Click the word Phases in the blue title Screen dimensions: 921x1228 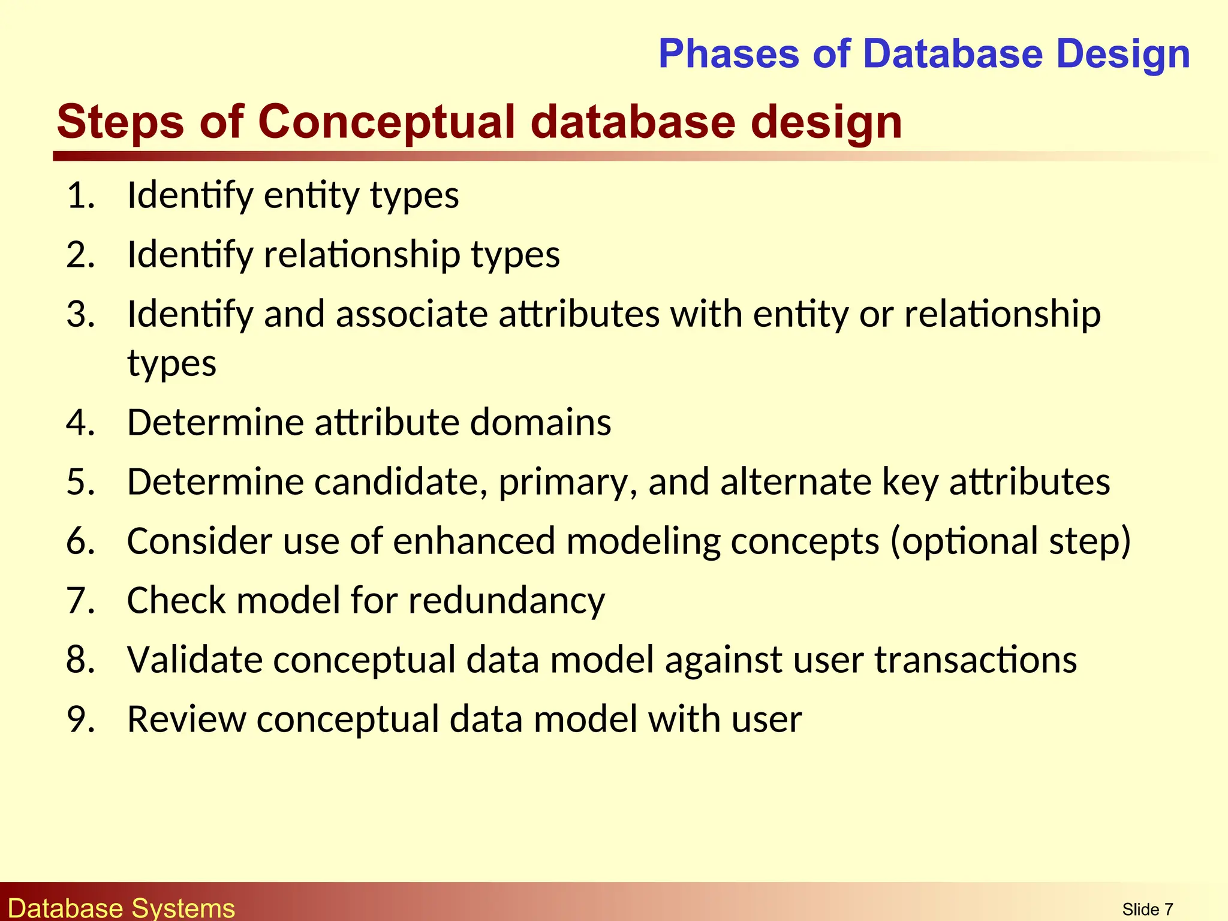tap(729, 54)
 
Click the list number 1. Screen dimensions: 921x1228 tap(80, 195)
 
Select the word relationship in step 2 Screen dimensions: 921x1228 tap(362, 254)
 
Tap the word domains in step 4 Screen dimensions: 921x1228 tap(540, 422)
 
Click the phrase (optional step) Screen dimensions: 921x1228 tap(1010, 541)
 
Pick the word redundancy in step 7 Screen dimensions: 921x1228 tap(507, 600)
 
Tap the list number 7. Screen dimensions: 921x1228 tap(80, 600)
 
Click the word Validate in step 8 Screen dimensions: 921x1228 tap(195, 660)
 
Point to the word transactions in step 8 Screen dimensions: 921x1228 tap(976, 660)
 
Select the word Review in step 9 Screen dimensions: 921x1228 tap(186, 719)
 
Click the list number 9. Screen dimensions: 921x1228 tap(80, 719)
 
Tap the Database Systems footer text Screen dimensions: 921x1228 tap(122, 908)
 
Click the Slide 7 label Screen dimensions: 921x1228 tap(1147, 910)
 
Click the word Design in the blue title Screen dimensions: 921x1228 tap(1122, 54)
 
